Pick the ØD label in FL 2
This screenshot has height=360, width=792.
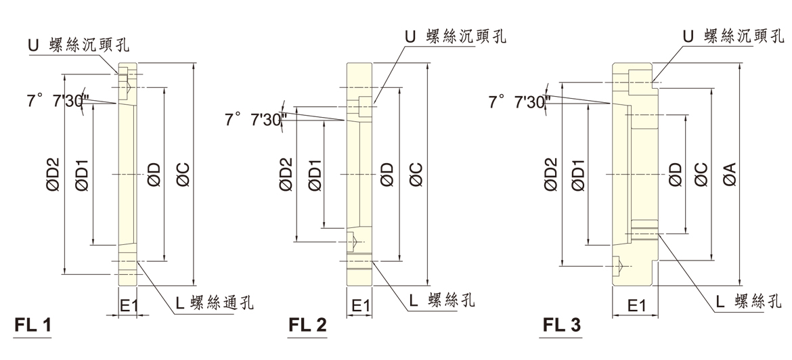[387, 175]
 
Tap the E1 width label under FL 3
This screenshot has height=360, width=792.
[636, 306]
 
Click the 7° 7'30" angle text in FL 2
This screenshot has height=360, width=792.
[255, 120]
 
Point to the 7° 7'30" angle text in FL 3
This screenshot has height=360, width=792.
[519, 102]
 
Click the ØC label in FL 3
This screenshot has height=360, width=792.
[701, 175]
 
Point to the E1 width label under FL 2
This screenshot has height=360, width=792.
[360, 306]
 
